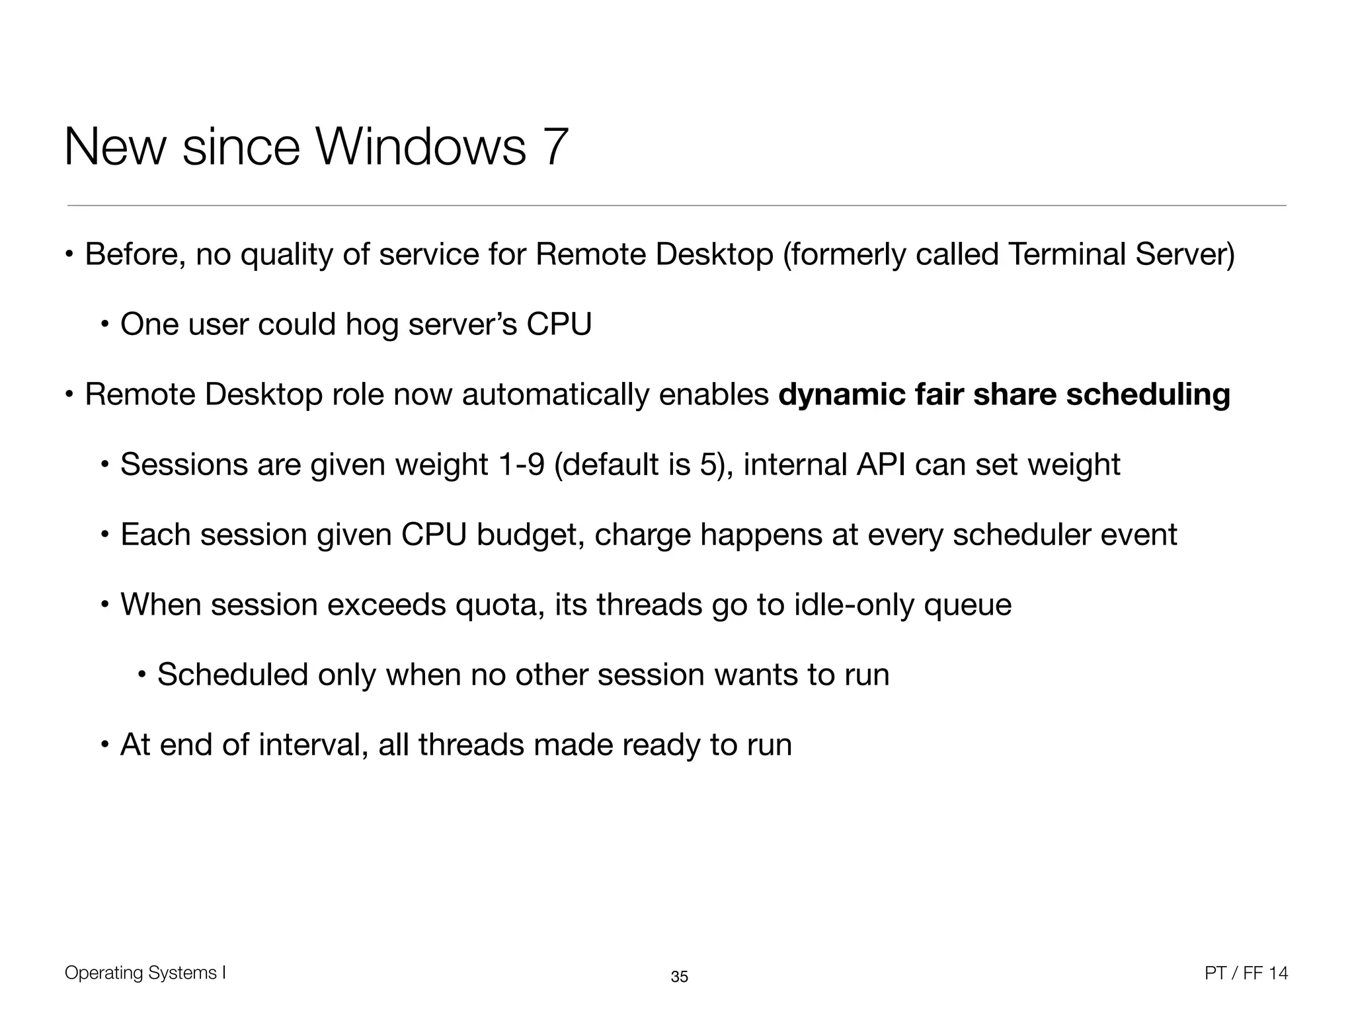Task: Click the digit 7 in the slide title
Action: (554, 147)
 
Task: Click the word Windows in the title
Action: (422, 147)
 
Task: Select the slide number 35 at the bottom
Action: (679, 977)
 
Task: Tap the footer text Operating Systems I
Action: (145, 973)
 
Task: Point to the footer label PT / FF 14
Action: (1246, 973)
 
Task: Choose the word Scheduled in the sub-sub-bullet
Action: (233, 675)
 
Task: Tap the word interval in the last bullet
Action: (313, 745)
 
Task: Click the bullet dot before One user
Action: (104, 325)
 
